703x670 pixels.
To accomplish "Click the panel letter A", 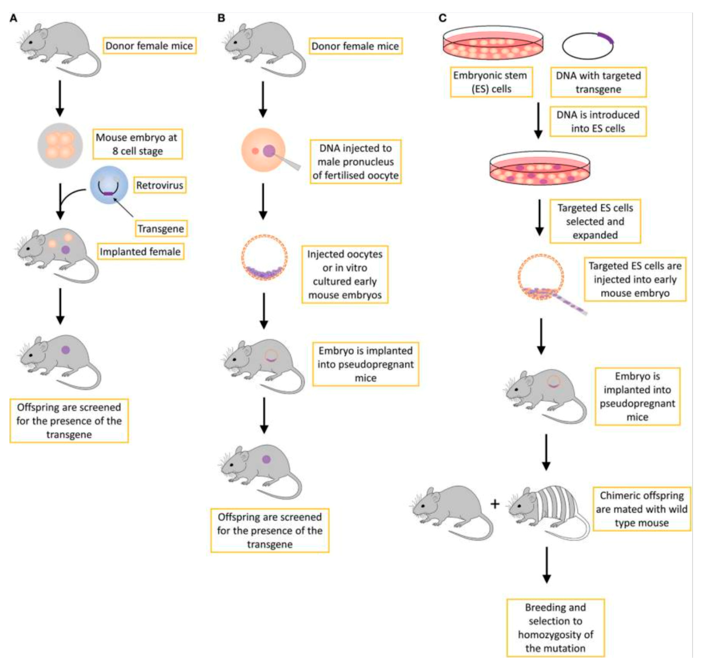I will click(x=14, y=18).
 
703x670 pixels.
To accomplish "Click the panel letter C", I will click(x=442, y=18).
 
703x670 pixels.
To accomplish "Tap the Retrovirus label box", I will click(x=159, y=185).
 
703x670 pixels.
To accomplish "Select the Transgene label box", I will click(x=161, y=228).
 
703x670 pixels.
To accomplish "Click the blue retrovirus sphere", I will click(x=109, y=185).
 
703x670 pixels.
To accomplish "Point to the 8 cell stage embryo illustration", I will click(x=60, y=146).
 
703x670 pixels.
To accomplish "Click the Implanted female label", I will click(x=140, y=251).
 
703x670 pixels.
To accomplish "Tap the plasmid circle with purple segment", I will click(x=588, y=46).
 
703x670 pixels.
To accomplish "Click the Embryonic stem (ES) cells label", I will click(x=491, y=82).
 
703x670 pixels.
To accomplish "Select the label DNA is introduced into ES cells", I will click(x=598, y=121).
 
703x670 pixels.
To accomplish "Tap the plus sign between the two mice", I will click(x=495, y=504).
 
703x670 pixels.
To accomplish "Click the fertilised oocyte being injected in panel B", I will click(x=263, y=150).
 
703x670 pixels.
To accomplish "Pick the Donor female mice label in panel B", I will click(x=355, y=46).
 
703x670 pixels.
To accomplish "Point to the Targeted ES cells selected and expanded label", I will click(x=595, y=222).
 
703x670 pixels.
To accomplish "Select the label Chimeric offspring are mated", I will click(x=641, y=509).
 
